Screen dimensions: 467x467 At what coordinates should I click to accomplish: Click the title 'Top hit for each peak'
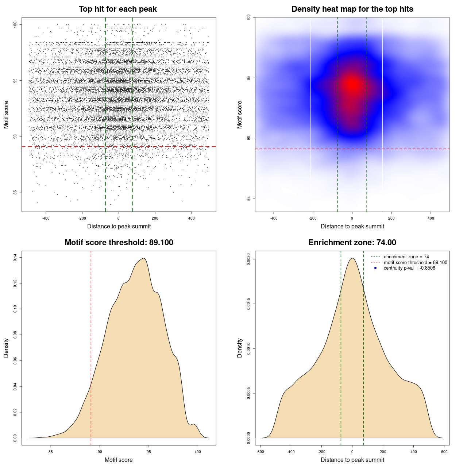118,9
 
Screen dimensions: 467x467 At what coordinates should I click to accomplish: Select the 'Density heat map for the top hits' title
352,9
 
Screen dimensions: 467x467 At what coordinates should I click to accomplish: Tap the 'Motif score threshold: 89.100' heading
119,243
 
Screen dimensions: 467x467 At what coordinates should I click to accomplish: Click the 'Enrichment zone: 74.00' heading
352,243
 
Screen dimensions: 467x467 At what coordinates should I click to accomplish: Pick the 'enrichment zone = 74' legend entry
406,257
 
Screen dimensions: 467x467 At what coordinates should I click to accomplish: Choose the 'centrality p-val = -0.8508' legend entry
409,268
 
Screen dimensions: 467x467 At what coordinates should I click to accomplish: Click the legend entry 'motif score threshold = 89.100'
415,263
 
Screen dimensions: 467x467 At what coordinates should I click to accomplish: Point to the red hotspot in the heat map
352,85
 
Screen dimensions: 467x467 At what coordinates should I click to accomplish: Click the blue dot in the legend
375,268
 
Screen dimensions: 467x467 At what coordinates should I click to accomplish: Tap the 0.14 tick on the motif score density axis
15,258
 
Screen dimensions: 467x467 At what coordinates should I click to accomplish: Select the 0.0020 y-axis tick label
249,259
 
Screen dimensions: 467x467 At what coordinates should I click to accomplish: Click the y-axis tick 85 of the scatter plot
15,192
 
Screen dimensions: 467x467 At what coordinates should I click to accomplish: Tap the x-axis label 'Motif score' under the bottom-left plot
119,460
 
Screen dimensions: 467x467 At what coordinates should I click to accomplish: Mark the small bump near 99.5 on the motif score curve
194,424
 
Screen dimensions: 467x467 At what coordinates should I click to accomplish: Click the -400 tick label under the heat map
274,219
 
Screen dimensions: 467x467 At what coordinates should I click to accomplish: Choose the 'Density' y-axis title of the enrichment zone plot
240,348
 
